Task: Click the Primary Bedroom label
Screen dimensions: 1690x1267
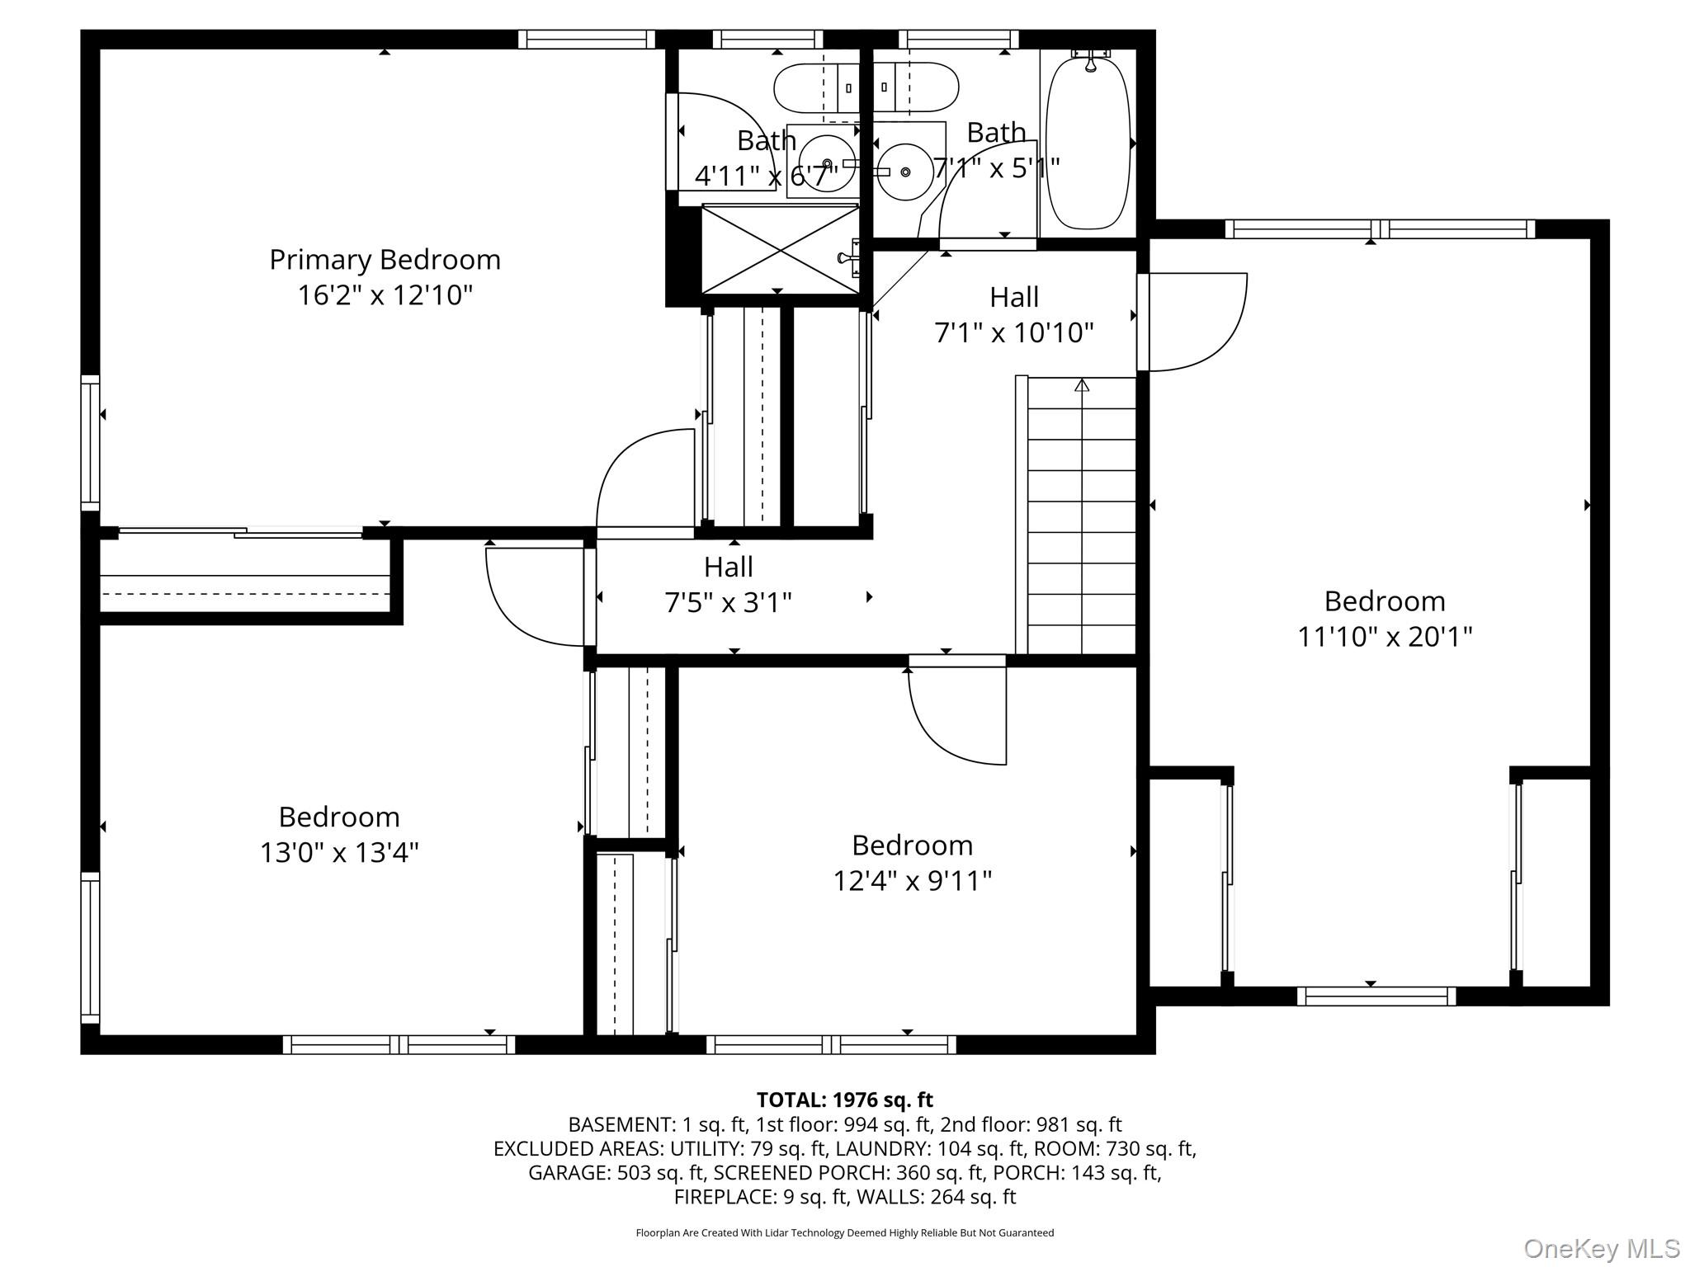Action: coord(385,260)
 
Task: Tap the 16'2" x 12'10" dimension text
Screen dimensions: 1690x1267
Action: coord(385,294)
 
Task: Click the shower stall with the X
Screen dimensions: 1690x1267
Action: coord(780,249)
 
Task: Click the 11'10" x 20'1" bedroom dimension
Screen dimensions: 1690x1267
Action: coord(1385,637)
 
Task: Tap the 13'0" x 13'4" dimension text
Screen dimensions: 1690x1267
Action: coord(339,852)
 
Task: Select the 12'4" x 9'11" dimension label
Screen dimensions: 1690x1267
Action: coord(912,880)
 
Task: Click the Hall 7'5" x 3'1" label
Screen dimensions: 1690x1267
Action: coord(728,584)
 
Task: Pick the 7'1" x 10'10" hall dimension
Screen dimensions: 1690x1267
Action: coord(1013,332)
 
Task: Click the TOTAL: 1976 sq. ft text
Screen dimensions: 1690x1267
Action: coord(844,1100)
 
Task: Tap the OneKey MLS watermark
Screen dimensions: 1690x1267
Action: coord(1602,1248)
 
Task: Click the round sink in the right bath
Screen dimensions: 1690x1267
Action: coord(905,172)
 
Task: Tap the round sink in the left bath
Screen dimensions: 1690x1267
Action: coord(827,162)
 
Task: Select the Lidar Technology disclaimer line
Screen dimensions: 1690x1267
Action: coord(844,1232)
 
